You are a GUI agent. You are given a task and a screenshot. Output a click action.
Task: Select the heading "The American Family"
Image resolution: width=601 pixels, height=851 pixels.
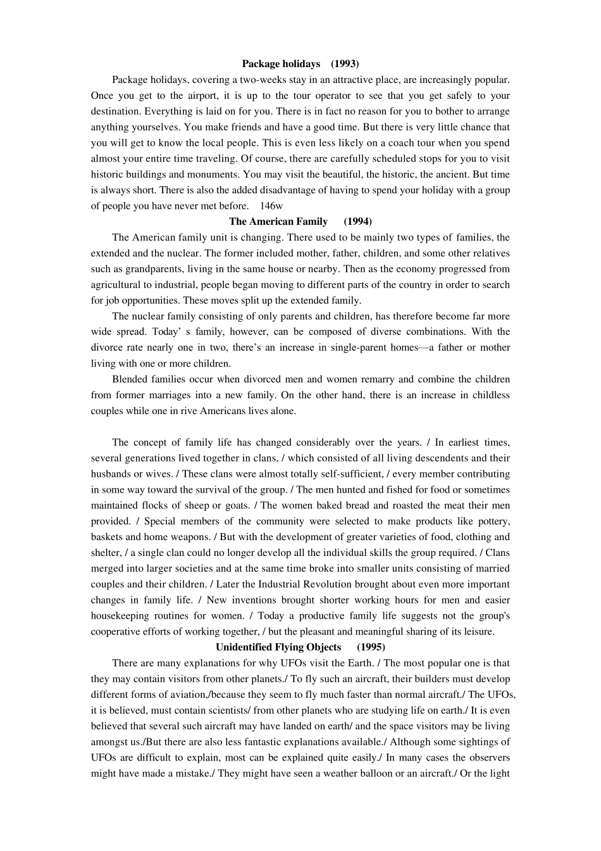coord(278,222)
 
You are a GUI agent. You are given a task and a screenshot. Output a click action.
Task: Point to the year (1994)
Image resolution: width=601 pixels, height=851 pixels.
coord(358,222)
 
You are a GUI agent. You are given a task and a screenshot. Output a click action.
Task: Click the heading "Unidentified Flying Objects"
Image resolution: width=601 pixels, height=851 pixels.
coord(278,647)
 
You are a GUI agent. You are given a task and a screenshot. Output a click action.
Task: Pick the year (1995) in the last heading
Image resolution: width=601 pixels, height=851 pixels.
coord(371,647)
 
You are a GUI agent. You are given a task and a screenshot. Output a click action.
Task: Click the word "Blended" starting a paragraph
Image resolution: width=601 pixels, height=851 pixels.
coord(130,379)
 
